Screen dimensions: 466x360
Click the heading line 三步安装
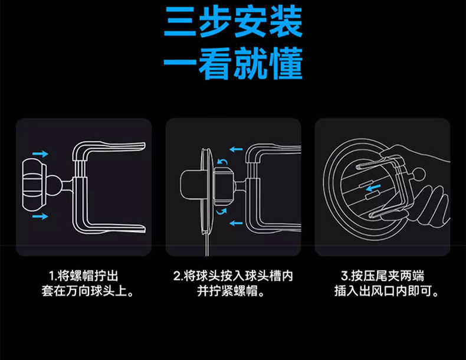(x=233, y=24)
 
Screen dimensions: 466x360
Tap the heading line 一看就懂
(x=233, y=66)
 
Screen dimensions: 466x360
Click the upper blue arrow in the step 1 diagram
(x=40, y=153)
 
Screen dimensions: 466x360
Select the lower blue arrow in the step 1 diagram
(x=40, y=217)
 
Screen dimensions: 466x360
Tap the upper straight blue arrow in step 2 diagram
(x=236, y=150)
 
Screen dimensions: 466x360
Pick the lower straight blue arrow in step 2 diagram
(x=236, y=224)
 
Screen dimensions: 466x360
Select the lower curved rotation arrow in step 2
(x=221, y=210)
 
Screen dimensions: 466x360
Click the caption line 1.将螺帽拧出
(x=84, y=276)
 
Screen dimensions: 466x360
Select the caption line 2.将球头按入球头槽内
(x=233, y=276)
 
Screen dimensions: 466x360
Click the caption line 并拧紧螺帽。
(x=233, y=291)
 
